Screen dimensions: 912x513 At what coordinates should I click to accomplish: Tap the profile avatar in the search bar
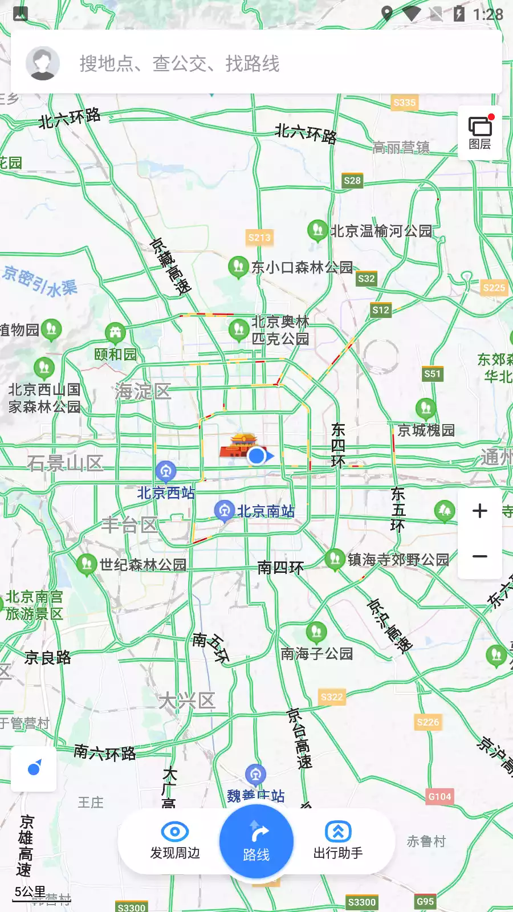pos(43,63)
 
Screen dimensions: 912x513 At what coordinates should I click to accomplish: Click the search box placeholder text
pos(180,63)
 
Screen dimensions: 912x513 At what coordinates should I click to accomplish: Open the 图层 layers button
pos(480,133)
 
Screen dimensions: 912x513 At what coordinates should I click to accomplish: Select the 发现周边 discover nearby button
pos(175,841)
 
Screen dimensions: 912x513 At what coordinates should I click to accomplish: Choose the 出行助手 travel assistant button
pos(338,841)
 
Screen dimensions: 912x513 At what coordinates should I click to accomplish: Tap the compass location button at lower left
pos(34,768)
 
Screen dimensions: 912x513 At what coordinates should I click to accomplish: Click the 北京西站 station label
pos(166,492)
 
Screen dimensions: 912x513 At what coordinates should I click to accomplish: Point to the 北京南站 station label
pos(266,511)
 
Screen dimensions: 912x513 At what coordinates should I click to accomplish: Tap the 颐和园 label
pos(116,354)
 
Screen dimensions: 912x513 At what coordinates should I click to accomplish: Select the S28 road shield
pos(352,181)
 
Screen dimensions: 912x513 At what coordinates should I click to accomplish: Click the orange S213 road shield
pos(259,238)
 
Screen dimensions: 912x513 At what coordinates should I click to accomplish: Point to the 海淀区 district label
pos(142,391)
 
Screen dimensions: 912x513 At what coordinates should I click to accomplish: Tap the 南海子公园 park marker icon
pos(316,632)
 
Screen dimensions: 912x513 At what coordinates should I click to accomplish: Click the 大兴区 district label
pos(187,701)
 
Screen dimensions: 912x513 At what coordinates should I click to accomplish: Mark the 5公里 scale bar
pos(31,893)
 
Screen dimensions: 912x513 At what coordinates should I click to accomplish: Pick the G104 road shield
pos(439,796)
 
